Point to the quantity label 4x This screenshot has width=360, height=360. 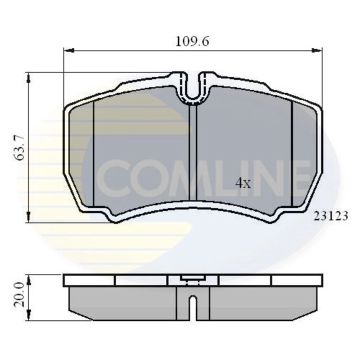coord(243,183)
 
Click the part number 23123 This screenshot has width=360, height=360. coord(330,216)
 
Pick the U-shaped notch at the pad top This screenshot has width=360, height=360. coord(193,88)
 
